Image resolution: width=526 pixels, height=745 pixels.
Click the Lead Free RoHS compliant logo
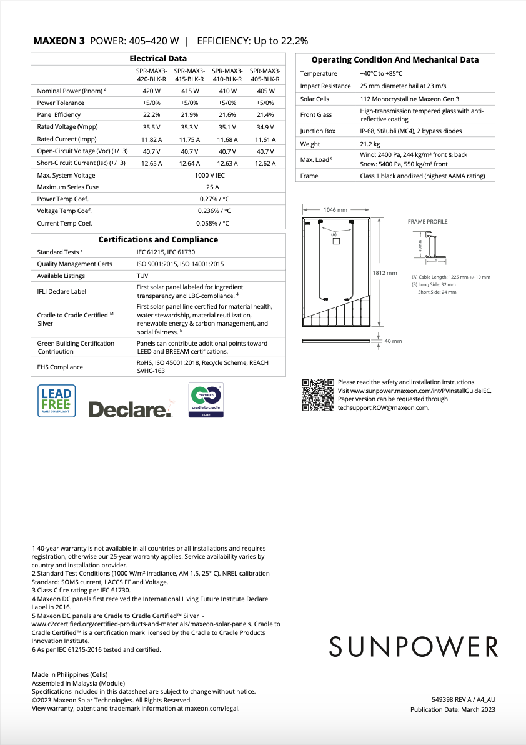point(57,401)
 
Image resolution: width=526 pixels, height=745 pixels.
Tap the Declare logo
point(129,409)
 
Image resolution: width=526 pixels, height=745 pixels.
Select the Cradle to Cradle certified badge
point(206,401)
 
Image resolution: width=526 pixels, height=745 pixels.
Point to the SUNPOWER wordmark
point(414,646)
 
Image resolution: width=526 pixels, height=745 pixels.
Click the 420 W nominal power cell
point(152,91)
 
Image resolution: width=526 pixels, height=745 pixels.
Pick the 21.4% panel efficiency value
point(265,114)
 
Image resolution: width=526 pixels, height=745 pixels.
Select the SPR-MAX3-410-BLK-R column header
point(227,75)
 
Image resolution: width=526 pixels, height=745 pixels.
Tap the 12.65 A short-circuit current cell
point(152,162)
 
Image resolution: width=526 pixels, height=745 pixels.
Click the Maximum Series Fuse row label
point(68,187)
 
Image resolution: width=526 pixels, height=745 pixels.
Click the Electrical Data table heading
point(158,58)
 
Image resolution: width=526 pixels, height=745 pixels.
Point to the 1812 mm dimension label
point(384,273)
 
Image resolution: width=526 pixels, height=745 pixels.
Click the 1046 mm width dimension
point(335,210)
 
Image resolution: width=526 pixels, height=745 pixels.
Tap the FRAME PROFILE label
point(427,222)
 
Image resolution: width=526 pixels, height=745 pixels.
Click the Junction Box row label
point(318,131)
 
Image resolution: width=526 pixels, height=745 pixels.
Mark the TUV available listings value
point(142,276)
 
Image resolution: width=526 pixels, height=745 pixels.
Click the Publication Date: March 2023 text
point(452,709)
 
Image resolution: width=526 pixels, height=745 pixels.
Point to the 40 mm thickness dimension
point(393,341)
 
